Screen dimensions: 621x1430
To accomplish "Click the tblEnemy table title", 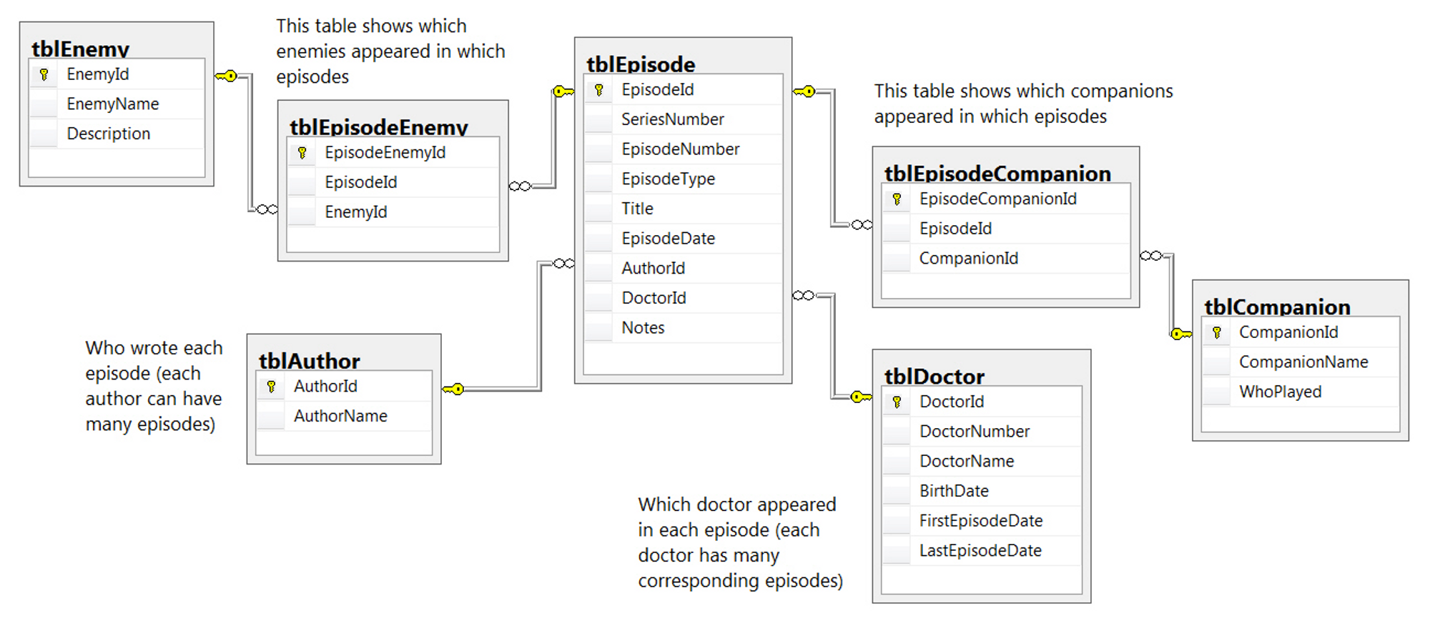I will click(80, 49).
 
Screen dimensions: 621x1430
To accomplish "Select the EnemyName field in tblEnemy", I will click(112, 104).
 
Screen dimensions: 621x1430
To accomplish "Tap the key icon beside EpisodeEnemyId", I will click(302, 153).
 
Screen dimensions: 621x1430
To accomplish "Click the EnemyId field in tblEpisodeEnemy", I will click(355, 212).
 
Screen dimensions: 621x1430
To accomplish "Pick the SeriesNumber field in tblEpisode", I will click(672, 119).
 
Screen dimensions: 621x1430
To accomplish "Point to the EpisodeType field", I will click(668, 179).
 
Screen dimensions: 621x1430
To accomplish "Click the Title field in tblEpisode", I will click(637, 209).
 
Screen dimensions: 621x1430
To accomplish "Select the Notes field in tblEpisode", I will click(643, 328).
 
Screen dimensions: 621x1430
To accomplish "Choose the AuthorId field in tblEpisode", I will click(653, 269).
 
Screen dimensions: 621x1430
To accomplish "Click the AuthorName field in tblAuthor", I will click(340, 416).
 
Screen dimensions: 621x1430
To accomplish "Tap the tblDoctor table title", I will click(934, 377).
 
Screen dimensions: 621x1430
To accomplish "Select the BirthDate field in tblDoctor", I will click(954, 492).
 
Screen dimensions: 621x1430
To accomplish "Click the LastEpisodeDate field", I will click(980, 551).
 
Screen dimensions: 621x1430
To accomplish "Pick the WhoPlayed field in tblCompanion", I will click(1280, 392).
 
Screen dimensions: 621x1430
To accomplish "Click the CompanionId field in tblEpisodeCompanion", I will click(968, 259).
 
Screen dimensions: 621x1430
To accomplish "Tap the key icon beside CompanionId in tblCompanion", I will click(1216, 333).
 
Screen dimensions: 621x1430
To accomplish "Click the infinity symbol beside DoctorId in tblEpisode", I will click(804, 296).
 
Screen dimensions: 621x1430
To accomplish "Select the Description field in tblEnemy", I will click(108, 134).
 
